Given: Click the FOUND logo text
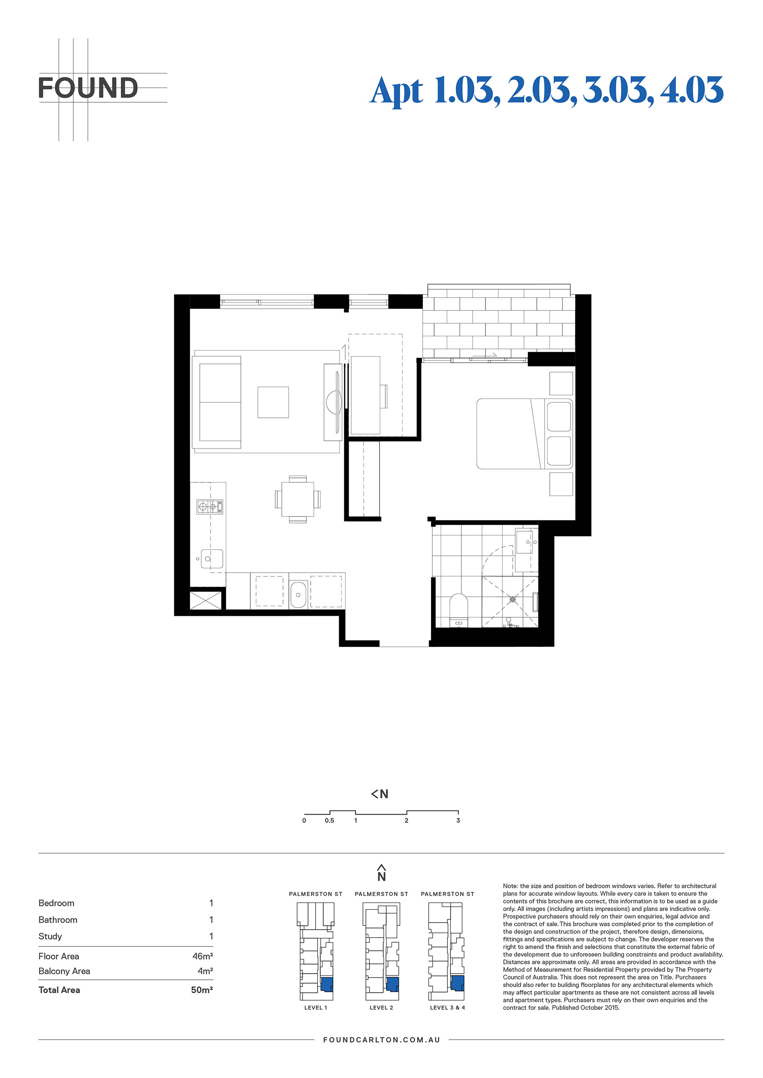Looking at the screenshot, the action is [x=88, y=88].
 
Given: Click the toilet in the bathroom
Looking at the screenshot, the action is [x=459, y=611].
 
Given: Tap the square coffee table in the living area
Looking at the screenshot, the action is [x=273, y=402].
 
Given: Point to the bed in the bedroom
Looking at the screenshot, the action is [x=525, y=433].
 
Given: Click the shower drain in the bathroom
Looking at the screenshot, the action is [x=513, y=599].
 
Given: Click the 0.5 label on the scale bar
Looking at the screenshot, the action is [x=329, y=820].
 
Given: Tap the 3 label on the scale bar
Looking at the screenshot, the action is [x=458, y=820].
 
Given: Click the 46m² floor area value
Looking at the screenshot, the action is [x=202, y=956].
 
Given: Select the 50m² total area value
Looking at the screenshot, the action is [x=202, y=990].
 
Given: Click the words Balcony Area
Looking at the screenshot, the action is [x=64, y=971].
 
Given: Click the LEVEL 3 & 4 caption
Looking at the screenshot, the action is [x=447, y=1008].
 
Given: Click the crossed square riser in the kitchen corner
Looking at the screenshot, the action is [x=205, y=601].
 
